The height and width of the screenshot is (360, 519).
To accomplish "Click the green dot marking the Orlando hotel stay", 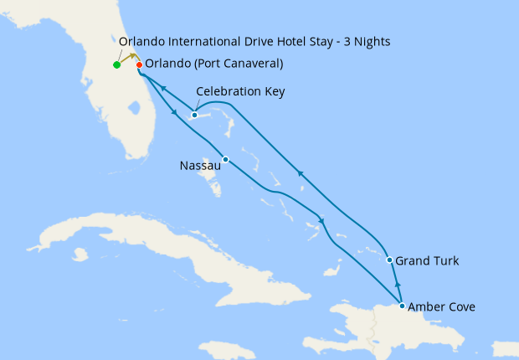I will point(116,64).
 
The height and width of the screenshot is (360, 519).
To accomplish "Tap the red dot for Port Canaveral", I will point(139,64).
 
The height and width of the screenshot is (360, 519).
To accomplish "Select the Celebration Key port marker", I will point(194,115).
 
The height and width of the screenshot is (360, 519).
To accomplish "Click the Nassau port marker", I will point(225,159).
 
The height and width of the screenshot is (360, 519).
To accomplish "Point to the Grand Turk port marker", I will point(390,260).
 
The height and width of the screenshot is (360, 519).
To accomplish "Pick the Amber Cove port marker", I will point(403,306).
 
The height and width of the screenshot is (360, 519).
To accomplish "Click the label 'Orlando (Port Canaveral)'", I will point(213,64).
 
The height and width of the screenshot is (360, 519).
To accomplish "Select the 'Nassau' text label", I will point(200,166).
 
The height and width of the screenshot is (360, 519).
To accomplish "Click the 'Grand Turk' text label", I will point(427,261).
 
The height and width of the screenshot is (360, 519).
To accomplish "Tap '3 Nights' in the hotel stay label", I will point(365,41).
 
